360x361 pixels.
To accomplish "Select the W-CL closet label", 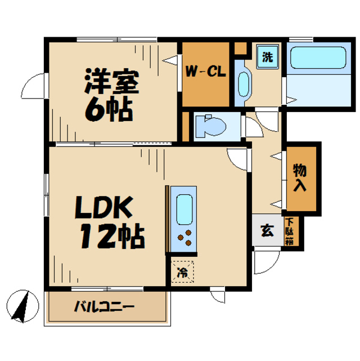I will pos(206,72).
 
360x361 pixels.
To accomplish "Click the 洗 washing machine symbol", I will pos(268,57).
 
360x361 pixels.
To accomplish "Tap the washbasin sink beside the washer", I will pos(243,84).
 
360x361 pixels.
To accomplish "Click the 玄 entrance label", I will pos(266,231).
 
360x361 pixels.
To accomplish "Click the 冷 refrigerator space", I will pos(182,273).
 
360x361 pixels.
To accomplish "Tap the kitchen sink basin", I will pos(184,210).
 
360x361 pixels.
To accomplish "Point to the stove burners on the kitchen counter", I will pos(184,239).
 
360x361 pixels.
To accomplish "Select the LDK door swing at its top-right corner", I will pos(238,159).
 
